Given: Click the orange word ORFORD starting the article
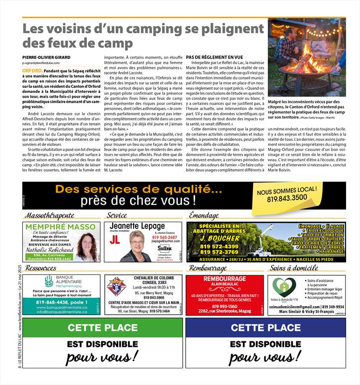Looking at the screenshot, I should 32,71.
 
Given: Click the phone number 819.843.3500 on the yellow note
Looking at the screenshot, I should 287,197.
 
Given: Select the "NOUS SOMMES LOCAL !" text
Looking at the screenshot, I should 287,191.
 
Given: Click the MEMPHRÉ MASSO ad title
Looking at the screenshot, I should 61,227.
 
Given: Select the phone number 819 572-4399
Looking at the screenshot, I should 216,246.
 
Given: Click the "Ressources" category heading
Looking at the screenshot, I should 41,268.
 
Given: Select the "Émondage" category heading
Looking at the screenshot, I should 204,216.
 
